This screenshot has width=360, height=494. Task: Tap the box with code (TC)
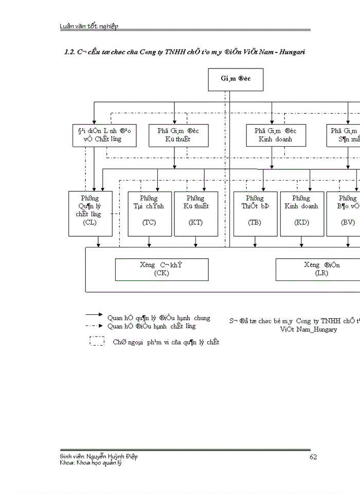[x=149, y=214]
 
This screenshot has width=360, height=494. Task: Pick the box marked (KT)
[x=195, y=214]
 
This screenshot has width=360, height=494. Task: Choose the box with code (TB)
[x=255, y=214]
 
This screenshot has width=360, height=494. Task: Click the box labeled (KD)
[x=301, y=214]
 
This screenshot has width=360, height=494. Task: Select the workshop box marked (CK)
[x=161, y=269]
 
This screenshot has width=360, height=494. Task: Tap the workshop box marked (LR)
[x=319, y=269]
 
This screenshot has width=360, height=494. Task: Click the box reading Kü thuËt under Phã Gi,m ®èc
[x=174, y=135]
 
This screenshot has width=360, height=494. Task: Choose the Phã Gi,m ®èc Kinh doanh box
[x=272, y=135]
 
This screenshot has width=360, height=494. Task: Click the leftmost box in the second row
[x=104, y=135]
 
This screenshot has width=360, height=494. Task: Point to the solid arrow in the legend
[x=95, y=314]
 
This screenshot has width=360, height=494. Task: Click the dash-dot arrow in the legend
[x=95, y=326]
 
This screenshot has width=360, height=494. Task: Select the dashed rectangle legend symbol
[x=97, y=341]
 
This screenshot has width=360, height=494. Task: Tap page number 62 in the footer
[x=314, y=456]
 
